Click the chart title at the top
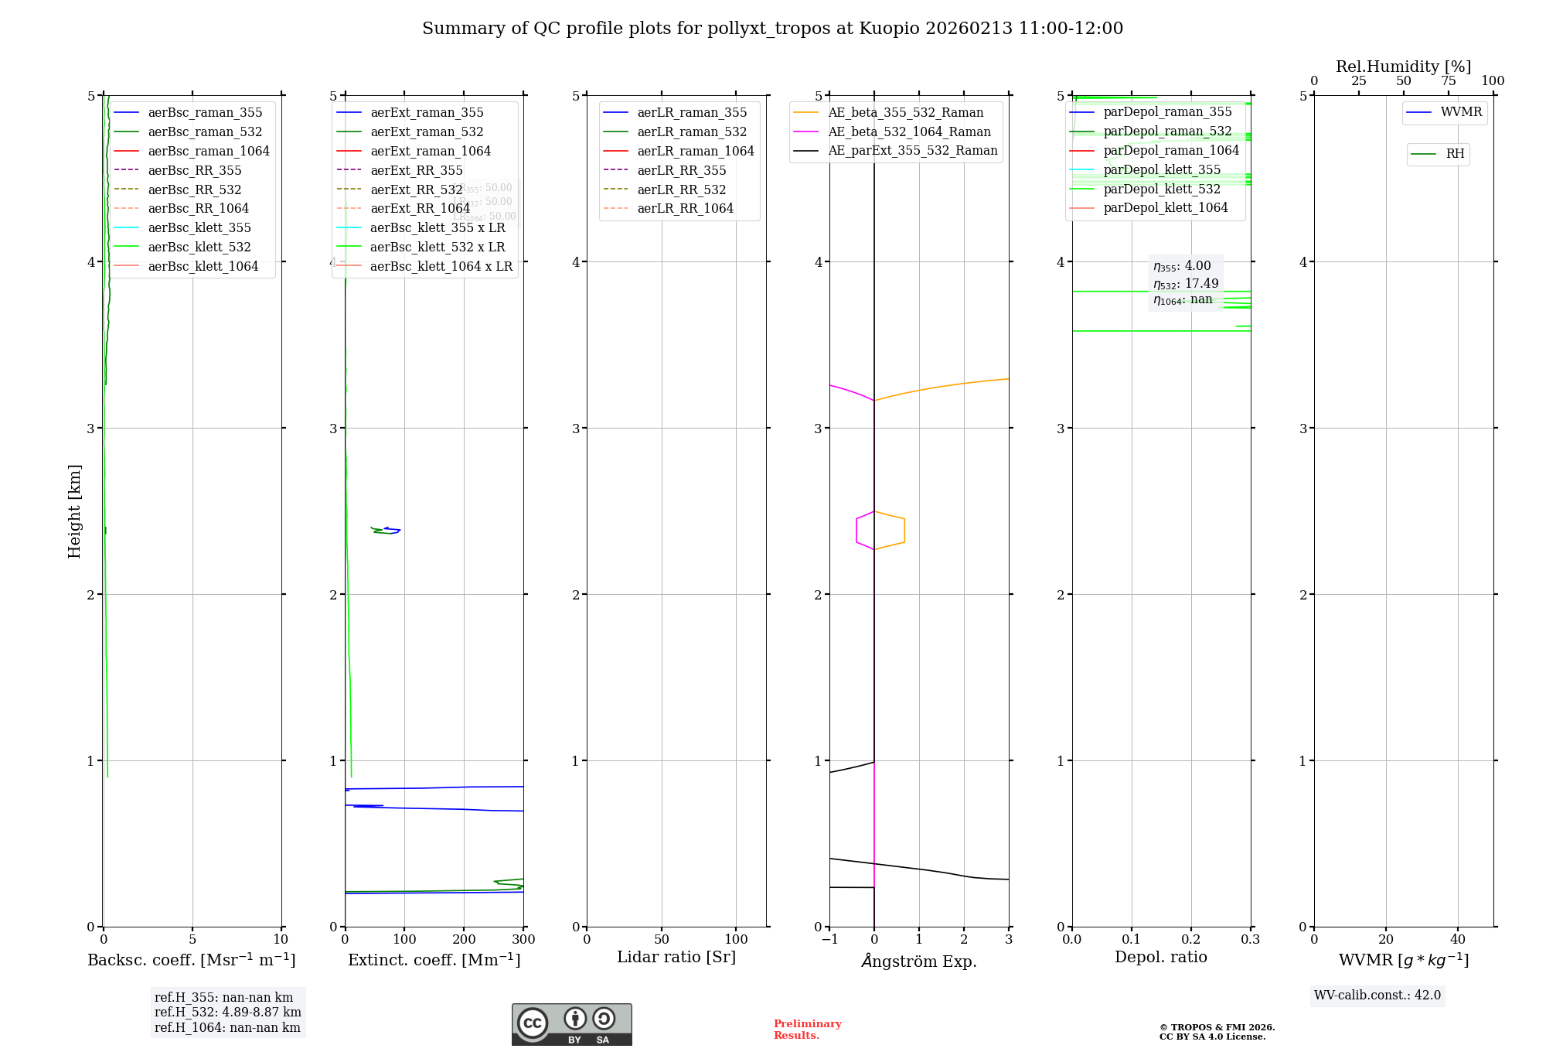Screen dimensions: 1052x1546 point(772,29)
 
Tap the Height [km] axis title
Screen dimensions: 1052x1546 point(74,511)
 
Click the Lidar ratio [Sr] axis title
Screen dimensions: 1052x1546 point(676,958)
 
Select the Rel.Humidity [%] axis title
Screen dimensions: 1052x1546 point(1403,67)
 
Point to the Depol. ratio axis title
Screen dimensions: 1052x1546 point(1160,958)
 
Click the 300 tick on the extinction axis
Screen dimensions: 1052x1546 point(523,940)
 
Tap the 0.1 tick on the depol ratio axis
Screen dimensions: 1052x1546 point(1132,940)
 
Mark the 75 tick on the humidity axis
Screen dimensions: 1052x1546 point(1449,81)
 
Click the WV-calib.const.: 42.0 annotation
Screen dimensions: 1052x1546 point(1377,996)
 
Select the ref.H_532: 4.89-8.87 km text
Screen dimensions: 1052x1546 point(227,1013)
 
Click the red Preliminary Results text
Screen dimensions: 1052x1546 point(807,1030)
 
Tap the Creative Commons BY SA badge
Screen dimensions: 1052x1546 point(571,1025)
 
